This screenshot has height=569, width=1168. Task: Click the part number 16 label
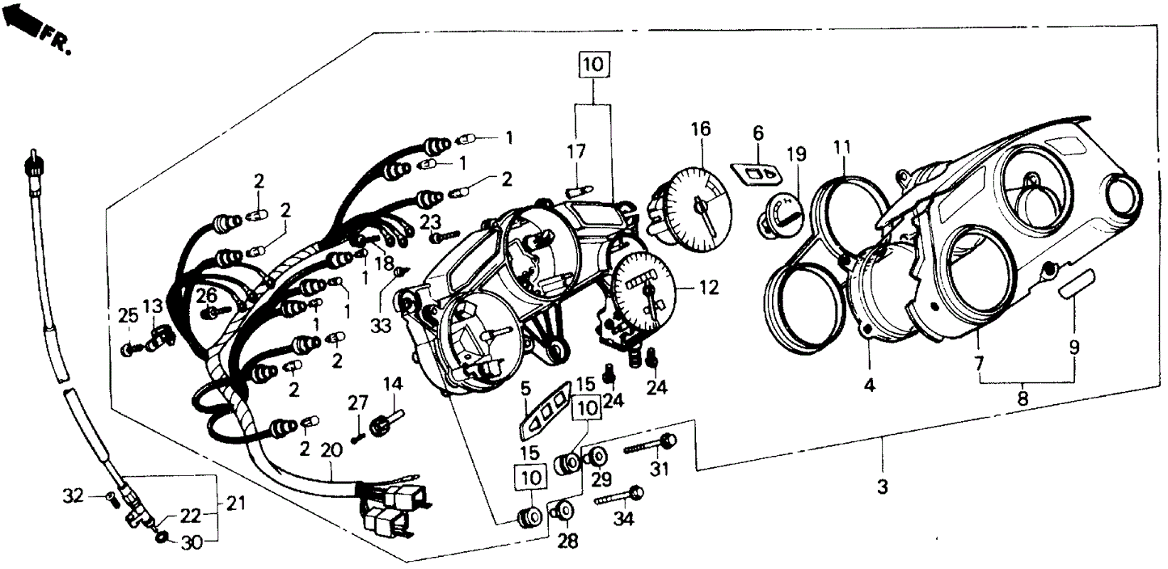click(700, 129)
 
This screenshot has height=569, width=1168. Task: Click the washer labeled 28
click(567, 511)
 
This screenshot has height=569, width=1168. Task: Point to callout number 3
click(882, 487)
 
